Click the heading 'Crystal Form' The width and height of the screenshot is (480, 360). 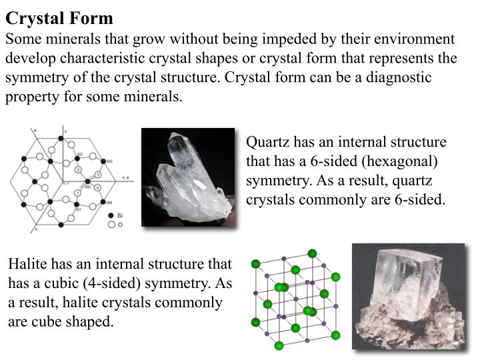pos(59,17)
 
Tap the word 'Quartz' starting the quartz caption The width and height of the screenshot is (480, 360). pos(265,142)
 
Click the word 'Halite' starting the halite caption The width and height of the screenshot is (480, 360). pos(26,263)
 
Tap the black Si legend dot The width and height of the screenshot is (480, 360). pos(111,216)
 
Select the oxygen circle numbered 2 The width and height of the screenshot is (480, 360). pos(78,171)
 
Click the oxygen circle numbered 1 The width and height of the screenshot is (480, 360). pos(77,193)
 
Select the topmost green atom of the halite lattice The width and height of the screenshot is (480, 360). pos(311,253)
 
